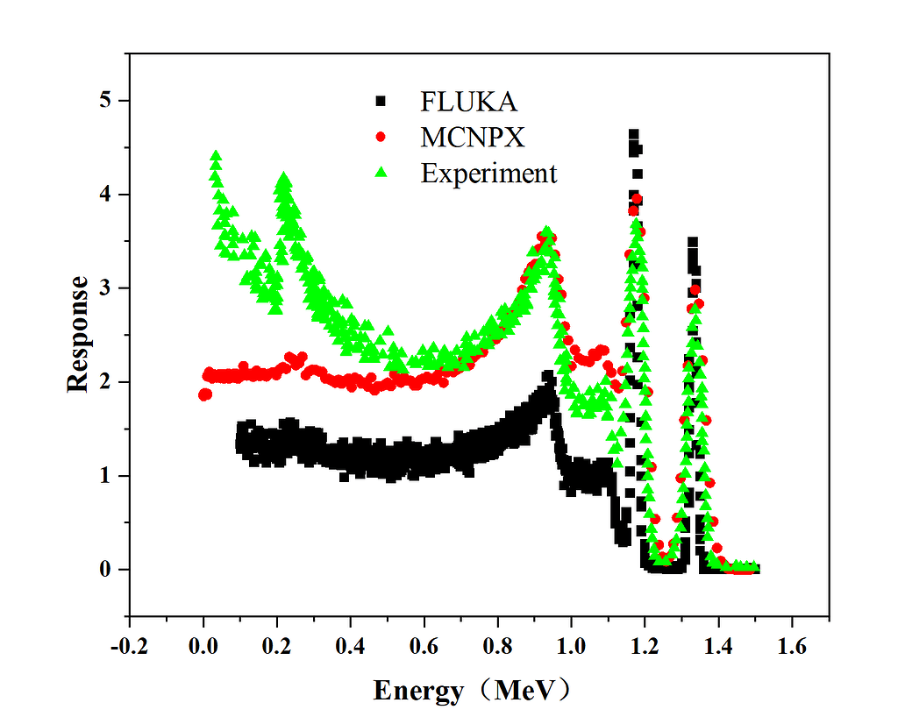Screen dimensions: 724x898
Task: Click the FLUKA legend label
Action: [x=468, y=102]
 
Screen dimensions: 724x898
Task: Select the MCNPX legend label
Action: [x=473, y=138]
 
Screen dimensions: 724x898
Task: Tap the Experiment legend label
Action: [x=488, y=174]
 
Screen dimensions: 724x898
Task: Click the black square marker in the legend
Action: [x=380, y=102]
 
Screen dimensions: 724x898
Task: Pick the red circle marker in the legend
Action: [x=380, y=138]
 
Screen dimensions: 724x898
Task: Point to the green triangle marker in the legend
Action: [x=380, y=173]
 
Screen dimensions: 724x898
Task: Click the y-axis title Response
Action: [x=78, y=333]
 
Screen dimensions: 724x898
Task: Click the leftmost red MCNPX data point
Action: [x=204, y=394]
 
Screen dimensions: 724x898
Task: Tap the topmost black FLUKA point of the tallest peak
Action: [x=633, y=134]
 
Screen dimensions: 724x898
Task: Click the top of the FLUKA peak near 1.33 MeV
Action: [x=693, y=242]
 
